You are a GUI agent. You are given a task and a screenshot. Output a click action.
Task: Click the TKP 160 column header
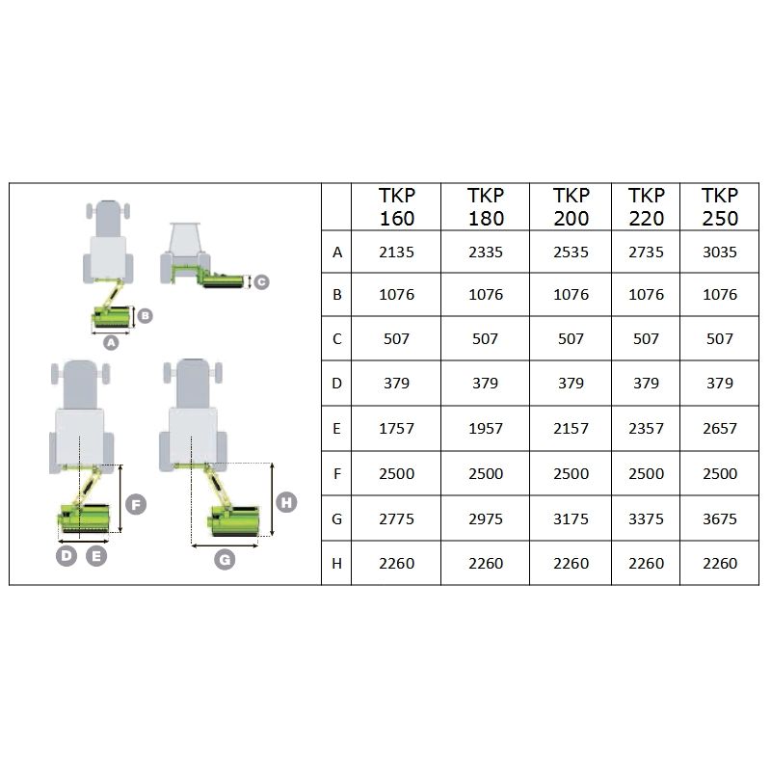tap(397, 207)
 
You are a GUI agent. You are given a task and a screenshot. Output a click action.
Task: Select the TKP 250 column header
tap(720, 207)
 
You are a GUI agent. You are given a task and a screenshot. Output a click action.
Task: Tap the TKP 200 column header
tap(571, 207)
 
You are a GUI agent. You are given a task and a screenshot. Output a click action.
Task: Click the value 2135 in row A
tap(396, 253)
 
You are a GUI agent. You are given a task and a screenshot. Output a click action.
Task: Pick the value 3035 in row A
tap(720, 253)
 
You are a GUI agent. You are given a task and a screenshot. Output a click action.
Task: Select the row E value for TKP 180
tap(486, 428)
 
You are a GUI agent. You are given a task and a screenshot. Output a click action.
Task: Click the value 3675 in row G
tap(720, 518)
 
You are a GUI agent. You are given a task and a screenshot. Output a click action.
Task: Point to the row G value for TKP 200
tap(571, 518)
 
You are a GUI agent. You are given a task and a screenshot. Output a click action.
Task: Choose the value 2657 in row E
tap(720, 428)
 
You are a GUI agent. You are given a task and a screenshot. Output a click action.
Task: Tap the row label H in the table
tap(336, 564)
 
